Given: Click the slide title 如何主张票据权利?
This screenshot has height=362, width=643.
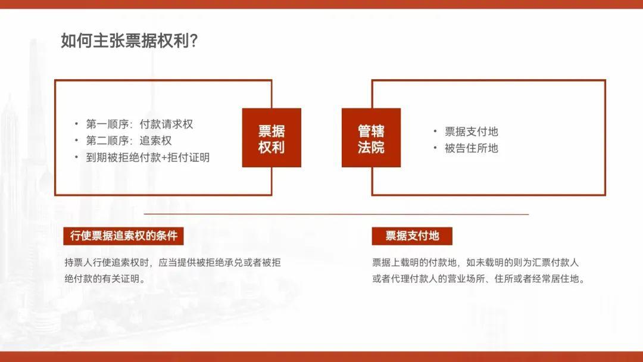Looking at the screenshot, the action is [x=130, y=40].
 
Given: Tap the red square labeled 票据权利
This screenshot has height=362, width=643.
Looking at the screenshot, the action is [x=271, y=138].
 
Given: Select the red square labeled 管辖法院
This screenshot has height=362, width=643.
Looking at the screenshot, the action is [x=371, y=138].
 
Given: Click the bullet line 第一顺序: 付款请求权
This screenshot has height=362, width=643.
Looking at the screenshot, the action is [x=139, y=124].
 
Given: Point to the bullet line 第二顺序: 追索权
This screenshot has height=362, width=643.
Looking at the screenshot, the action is [x=129, y=141].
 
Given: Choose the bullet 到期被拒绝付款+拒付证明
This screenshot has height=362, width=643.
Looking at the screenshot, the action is [x=148, y=157].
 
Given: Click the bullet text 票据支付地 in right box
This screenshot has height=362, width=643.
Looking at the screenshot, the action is [x=471, y=132].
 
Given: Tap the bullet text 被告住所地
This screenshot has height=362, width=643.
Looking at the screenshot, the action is [x=471, y=148].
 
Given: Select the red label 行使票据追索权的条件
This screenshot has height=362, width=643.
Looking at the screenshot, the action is [x=123, y=236].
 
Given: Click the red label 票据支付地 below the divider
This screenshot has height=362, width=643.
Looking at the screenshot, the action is [x=412, y=236].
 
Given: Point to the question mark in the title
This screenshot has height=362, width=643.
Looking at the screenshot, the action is [x=194, y=41].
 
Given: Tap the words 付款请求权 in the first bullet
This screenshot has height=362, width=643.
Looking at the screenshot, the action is [x=166, y=124].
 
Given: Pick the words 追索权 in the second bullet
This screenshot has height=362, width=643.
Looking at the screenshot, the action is [x=155, y=141].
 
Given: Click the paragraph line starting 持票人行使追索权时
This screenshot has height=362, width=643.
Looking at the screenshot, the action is [x=173, y=263].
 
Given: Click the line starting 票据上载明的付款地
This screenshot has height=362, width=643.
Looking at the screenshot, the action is [x=475, y=263].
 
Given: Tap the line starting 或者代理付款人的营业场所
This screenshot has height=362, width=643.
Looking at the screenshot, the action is [x=479, y=279].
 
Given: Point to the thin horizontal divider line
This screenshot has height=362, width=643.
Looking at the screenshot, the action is [x=336, y=214].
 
